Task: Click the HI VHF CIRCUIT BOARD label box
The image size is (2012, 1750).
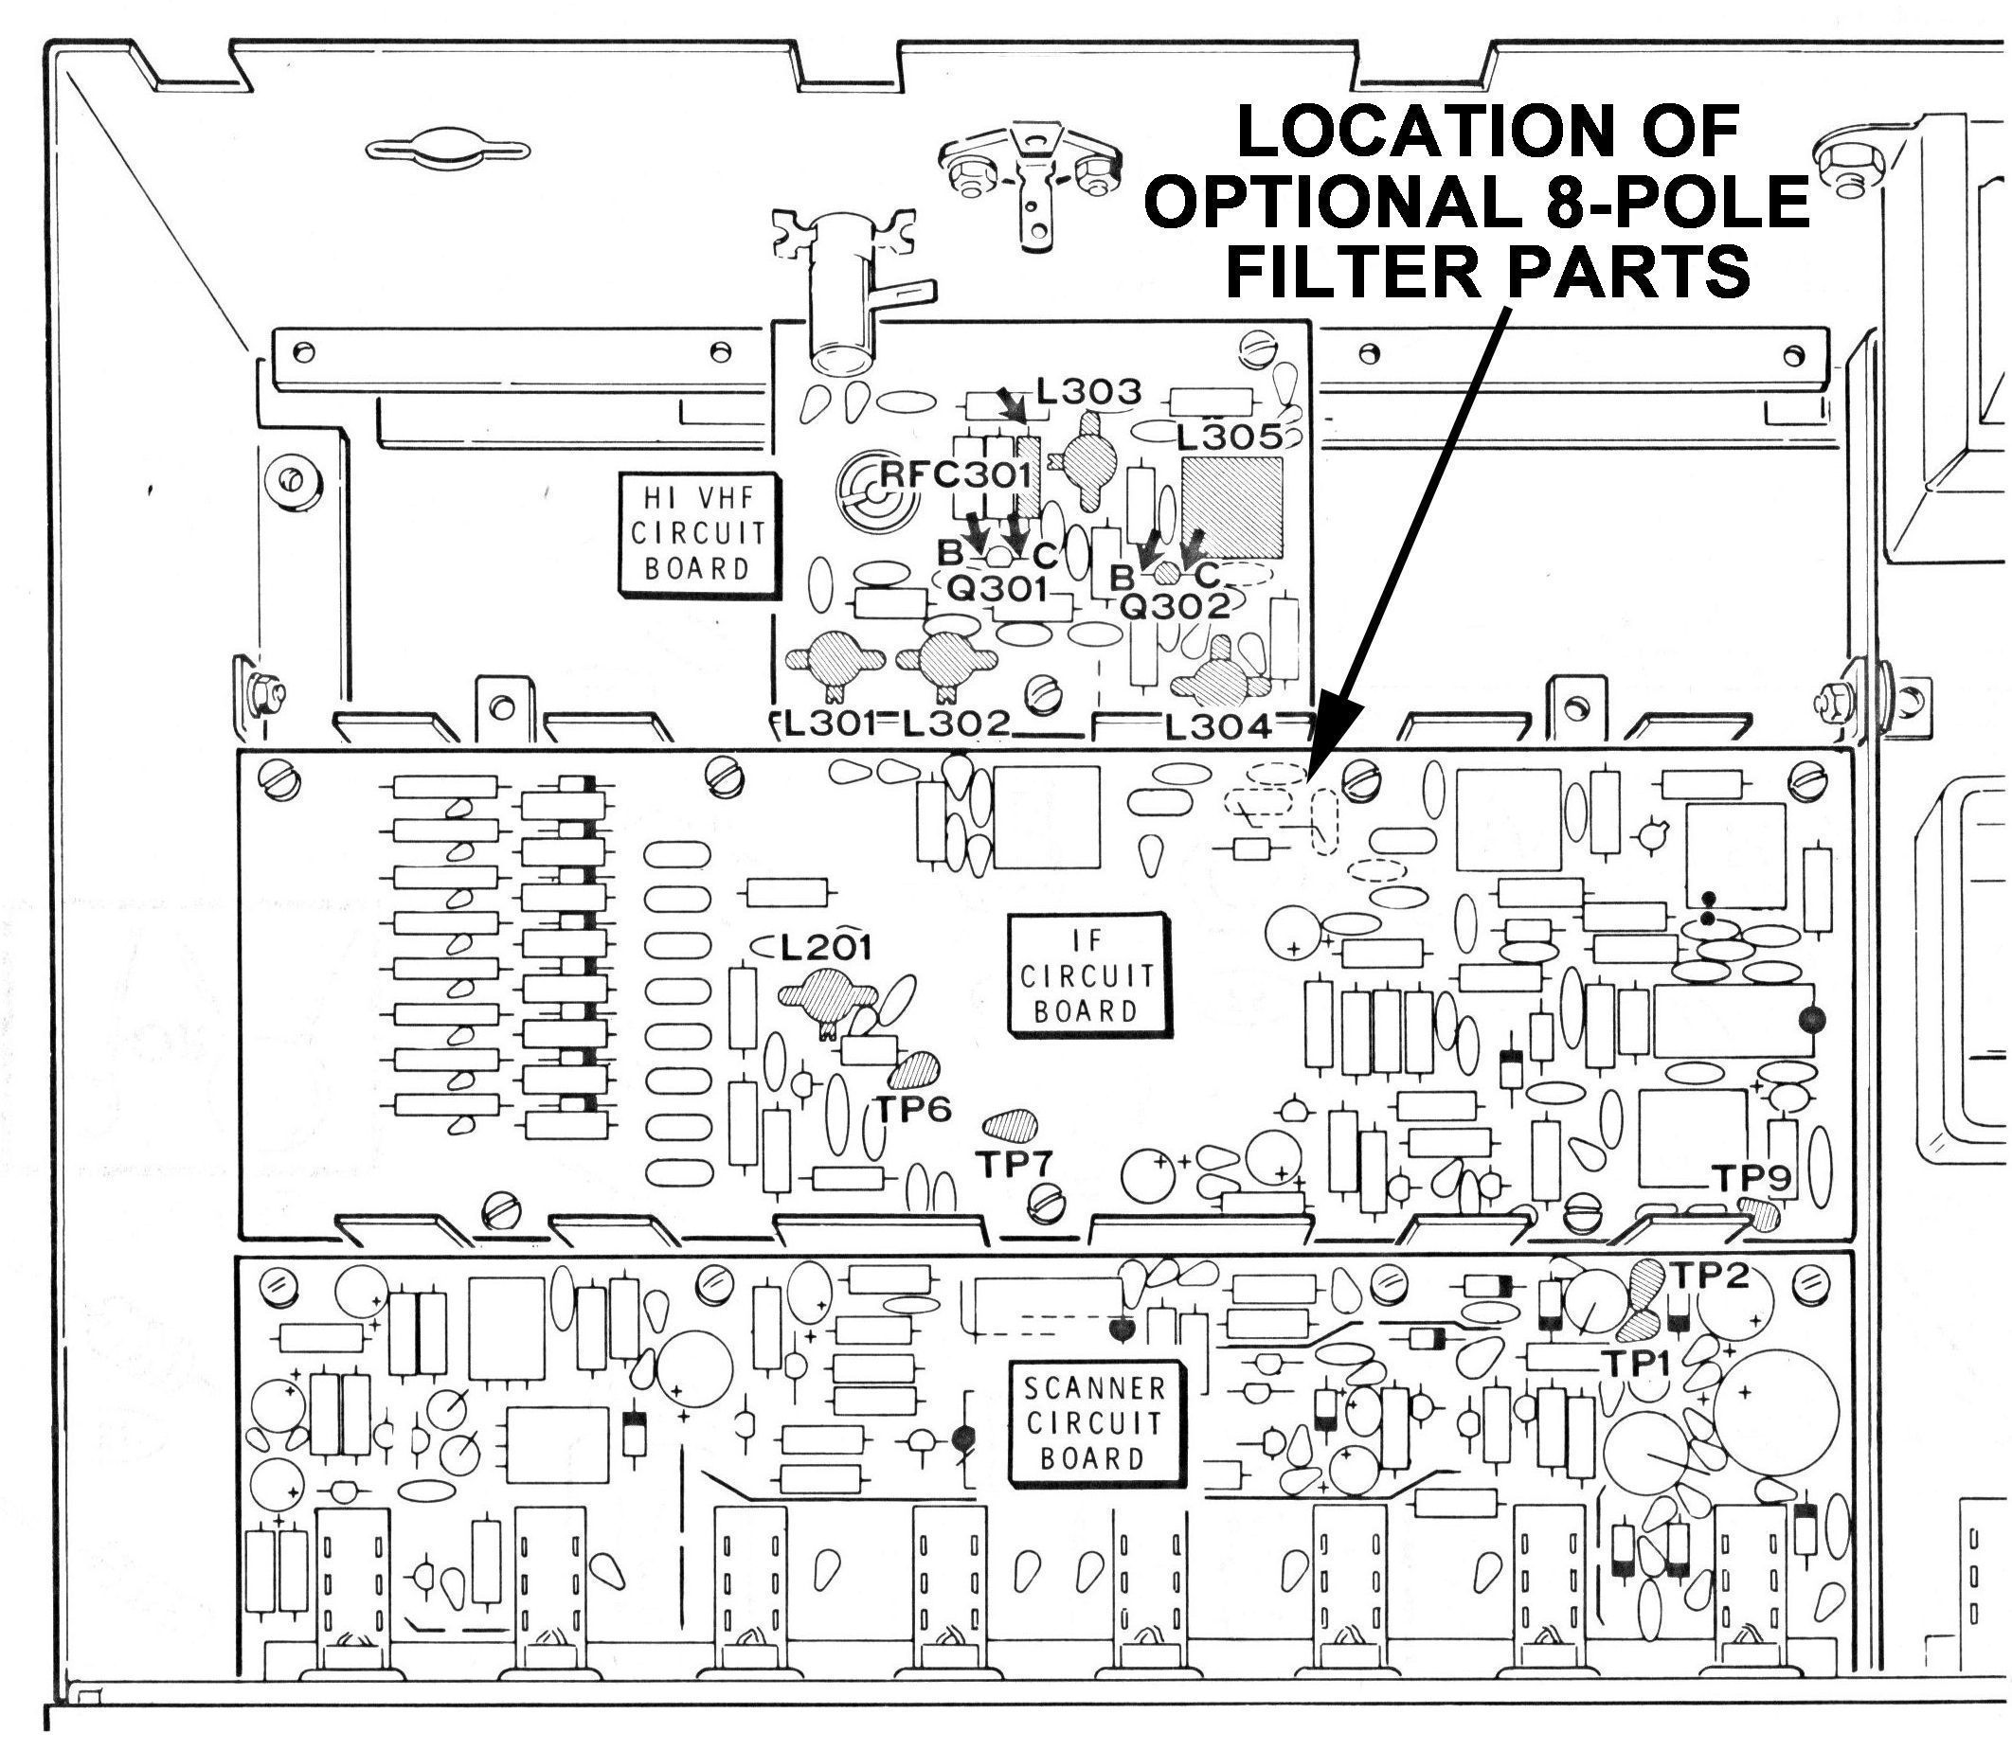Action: (696, 533)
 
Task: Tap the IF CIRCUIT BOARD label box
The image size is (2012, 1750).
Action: (1087, 974)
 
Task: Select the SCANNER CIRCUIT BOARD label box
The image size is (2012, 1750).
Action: (1093, 1423)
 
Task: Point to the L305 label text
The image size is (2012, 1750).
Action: (1229, 437)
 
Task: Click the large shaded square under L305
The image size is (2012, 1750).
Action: (1230, 507)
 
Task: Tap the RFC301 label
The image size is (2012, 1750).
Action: (956, 475)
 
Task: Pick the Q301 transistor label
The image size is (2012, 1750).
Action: (997, 589)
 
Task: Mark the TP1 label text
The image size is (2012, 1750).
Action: (1635, 1363)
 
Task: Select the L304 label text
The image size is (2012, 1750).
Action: (1219, 725)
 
